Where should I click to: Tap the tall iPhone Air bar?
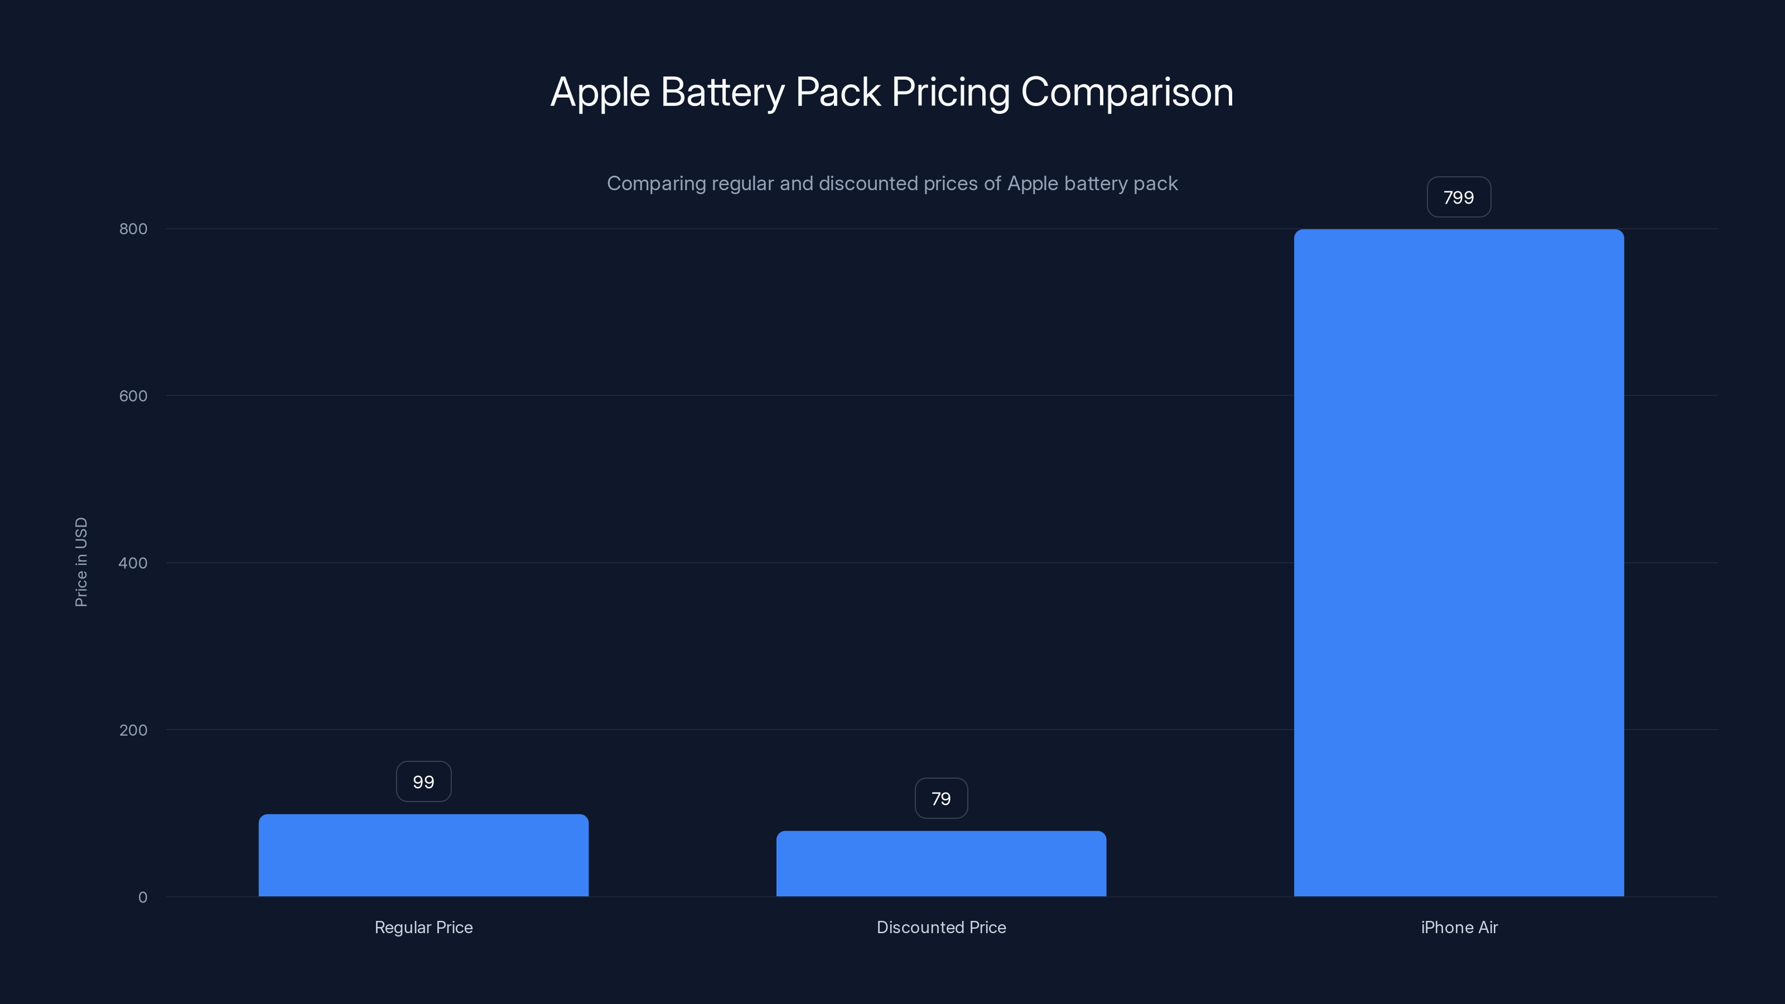pos(1459,563)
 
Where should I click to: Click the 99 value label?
pos(423,781)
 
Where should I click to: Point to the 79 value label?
pos(941,798)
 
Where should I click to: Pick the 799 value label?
pos(1459,197)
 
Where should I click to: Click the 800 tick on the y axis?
pos(133,229)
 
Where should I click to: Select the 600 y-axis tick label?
pos(133,395)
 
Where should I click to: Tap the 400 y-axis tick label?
pos(133,563)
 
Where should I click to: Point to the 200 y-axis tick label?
pos(133,730)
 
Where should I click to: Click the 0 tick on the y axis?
pos(143,897)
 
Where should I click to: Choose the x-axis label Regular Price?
pos(423,927)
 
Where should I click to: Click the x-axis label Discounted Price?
pos(941,927)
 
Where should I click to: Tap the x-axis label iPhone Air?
pos(1459,927)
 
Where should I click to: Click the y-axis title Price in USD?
pos(81,562)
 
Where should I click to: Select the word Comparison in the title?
pos(1127,92)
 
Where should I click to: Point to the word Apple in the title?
pos(600,92)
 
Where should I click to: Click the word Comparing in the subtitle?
pos(655,184)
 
